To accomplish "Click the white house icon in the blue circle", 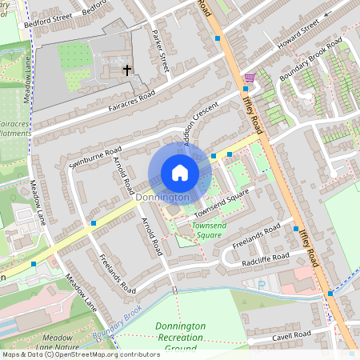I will click(x=180, y=173).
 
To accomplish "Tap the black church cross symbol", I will click(x=126, y=70).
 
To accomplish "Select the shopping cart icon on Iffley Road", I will click(x=250, y=78).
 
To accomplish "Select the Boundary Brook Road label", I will click(x=310, y=59).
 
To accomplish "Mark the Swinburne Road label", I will click(x=95, y=156).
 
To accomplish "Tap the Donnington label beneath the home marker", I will click(x=162, y=197).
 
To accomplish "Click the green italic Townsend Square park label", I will click(x=207, y=230).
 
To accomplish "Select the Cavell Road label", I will click(x=290, y=334).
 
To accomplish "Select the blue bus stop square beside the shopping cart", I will click(x=245, y=88).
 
